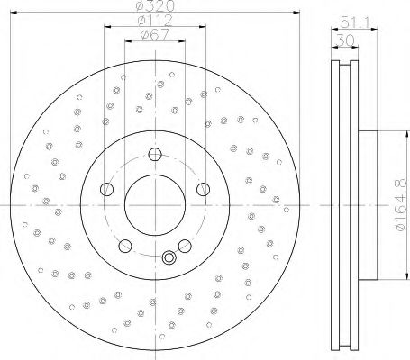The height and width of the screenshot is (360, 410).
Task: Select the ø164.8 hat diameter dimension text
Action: click(x=398, y=206)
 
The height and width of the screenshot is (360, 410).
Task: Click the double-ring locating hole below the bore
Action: click(x=168, y=260)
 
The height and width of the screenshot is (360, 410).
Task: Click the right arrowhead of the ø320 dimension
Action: click(x=293, y=13)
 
